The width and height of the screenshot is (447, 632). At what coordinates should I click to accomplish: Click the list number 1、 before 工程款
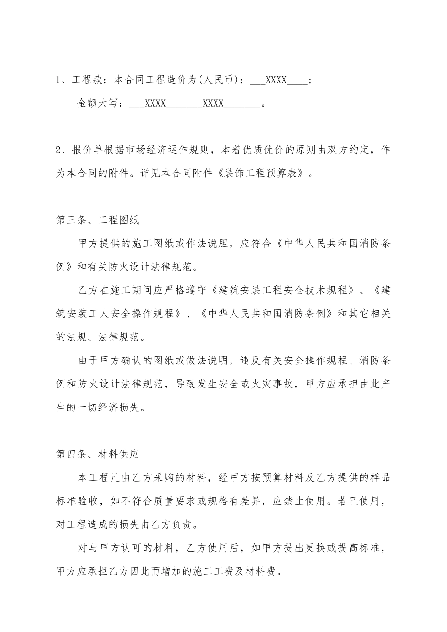tap(62, 80)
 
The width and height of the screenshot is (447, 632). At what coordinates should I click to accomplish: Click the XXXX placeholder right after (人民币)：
tap(276, 80)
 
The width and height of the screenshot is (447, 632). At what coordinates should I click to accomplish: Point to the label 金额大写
tap(98, 103)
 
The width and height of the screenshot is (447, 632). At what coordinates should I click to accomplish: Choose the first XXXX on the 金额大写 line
tap(155, 103)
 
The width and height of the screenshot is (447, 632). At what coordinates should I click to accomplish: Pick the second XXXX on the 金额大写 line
tap(213, 103)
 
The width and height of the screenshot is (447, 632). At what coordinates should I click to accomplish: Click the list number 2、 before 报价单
tap(62, 150)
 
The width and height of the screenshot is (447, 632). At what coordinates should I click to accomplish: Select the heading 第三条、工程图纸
tap(97, 220)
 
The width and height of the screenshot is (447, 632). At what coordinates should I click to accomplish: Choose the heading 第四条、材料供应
tap(97, 454)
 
